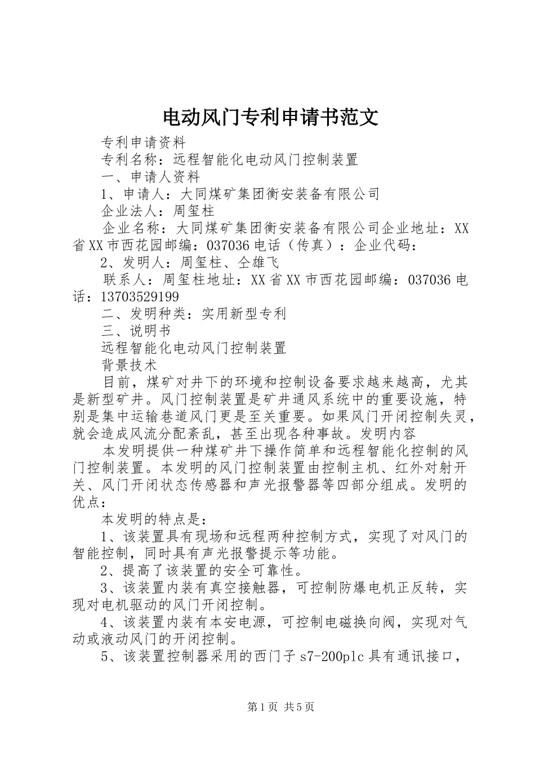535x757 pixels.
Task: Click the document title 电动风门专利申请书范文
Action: [270, 117]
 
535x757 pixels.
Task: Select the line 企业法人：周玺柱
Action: [158, 211]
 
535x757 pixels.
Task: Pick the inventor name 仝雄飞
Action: [258, 262]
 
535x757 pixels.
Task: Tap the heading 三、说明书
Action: [136, 331]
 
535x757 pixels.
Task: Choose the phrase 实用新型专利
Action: [244, 314]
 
